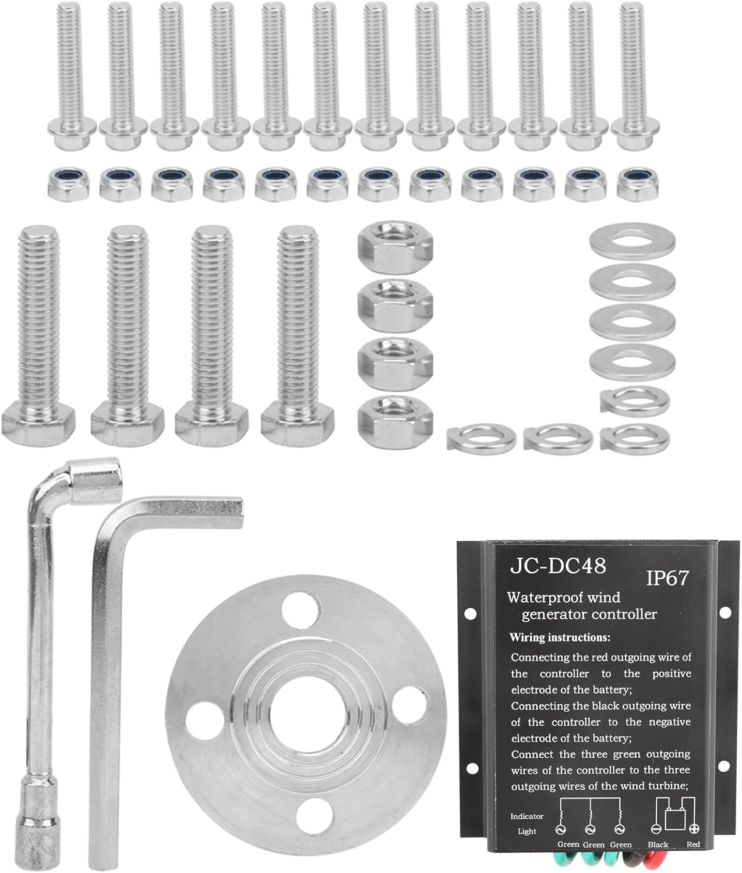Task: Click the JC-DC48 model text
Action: pos(558,566)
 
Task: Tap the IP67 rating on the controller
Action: pos(667,578)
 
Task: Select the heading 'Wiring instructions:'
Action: pos(560,637)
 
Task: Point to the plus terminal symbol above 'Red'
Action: pos(694,829)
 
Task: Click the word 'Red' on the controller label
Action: pos(693,844)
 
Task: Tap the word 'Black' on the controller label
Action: pos(658,844)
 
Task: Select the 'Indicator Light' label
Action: pos(527,824)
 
